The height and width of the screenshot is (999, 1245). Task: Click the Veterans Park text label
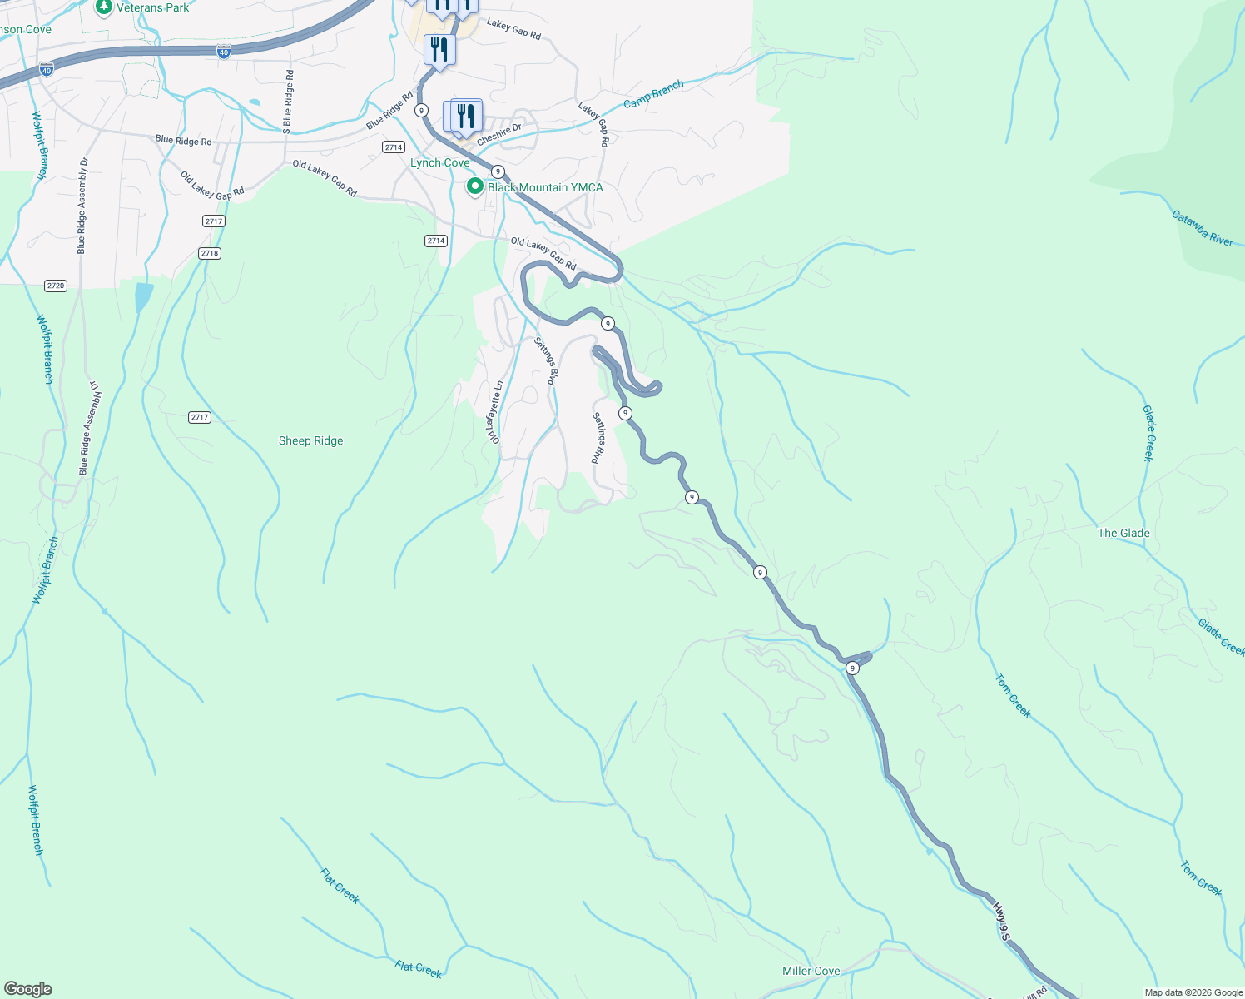point(152,7)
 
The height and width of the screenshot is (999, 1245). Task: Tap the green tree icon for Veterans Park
point(103,7)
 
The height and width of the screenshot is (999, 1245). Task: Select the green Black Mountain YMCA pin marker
point(474,186)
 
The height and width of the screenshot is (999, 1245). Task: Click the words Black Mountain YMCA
point(545,187)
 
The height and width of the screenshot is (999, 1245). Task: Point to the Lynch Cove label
point(439,162)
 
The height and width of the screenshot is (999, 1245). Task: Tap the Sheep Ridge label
point(310,440)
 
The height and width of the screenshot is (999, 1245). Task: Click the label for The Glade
point(1123,533)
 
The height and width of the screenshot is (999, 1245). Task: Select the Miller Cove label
point(811,971)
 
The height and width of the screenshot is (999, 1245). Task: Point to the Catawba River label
point(1202,228)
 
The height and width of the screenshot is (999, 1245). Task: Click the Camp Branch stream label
point(653,94)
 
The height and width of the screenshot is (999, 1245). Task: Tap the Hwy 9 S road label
point(1000,921)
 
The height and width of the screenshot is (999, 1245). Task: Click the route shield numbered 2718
point(209,253)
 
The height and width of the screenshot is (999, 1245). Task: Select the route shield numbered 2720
point(55,286)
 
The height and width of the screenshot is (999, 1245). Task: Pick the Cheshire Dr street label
point(498,134)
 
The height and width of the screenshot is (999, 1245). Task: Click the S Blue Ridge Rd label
point(288,102)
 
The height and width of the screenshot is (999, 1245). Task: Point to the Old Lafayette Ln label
point(495,412)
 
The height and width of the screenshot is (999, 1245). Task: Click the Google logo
point(27,989)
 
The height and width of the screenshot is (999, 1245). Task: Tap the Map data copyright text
point(1193,992)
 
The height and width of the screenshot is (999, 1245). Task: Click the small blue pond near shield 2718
point(143,296)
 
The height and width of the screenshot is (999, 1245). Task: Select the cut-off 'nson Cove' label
point(25,29)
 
